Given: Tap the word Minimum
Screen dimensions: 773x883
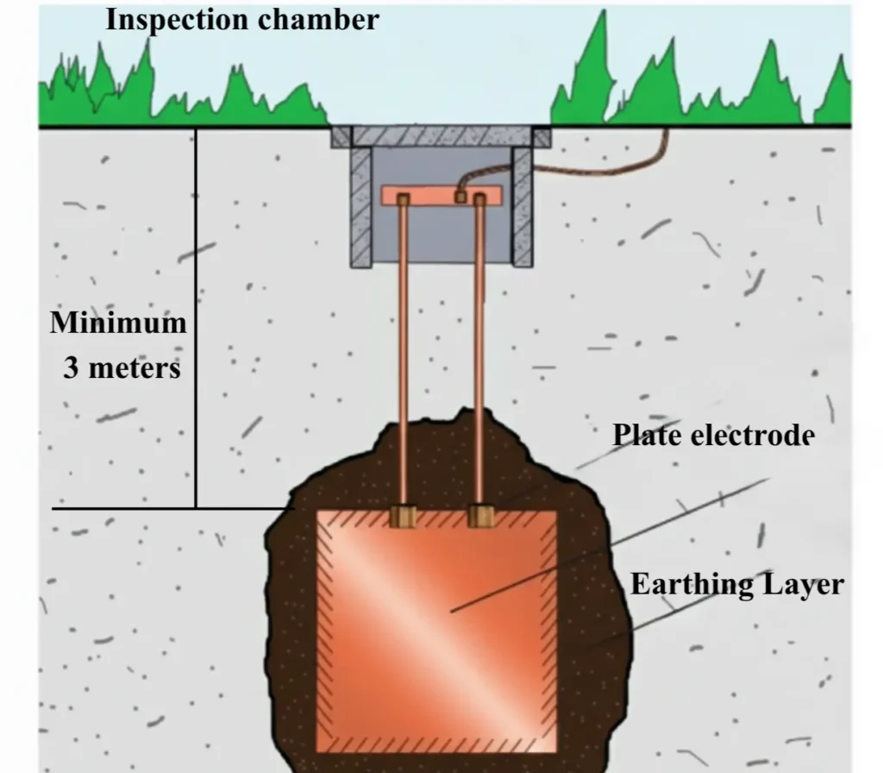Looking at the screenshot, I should point(118,324).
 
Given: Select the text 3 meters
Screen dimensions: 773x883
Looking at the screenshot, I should point(122,368).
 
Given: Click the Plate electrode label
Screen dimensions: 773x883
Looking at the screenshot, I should point(713,435).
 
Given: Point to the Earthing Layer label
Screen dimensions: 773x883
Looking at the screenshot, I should point(736,584).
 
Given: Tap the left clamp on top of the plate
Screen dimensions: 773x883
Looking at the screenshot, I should point(403,517).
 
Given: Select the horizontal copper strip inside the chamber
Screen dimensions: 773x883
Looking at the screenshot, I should point(441,194).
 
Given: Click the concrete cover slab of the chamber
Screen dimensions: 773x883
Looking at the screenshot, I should point(441,136).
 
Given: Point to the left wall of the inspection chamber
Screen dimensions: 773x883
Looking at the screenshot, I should point(360,207).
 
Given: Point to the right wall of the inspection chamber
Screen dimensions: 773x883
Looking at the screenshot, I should point(522,207).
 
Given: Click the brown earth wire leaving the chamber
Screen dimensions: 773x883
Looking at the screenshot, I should point(604,168).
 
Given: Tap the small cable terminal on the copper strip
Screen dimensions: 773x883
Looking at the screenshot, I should point(460,197).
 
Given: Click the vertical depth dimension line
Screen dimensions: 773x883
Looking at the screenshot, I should point(196,319).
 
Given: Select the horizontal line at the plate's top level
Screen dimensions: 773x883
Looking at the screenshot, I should point(172,509).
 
